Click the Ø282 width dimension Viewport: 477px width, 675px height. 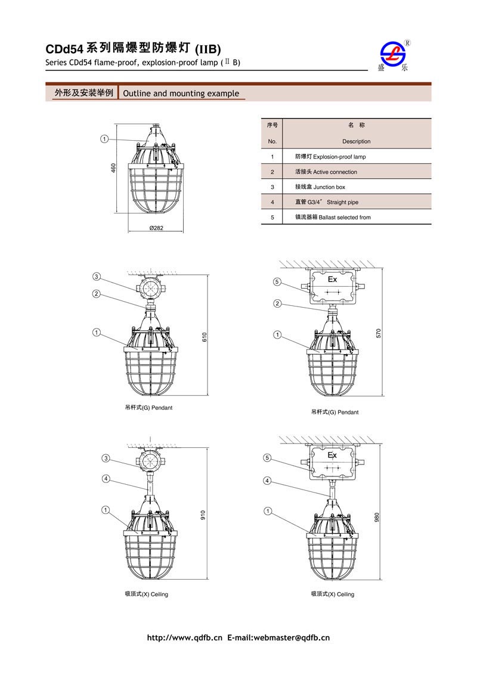tap(156, 228)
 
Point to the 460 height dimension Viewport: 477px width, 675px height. tap(113, 169)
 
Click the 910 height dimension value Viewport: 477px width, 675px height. tap(203, 514)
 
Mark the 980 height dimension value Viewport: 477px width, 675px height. tap(377, 518)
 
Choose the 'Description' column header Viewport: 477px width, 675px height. tap(356, 141)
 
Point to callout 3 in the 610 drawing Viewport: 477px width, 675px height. tap(96, 277)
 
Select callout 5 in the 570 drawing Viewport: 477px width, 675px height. tap(277, 281)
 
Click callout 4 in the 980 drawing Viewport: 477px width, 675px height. tap(268, 481)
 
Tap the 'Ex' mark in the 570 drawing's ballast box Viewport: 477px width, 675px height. tap(333, 279)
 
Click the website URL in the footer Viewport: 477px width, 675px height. tap(184, 638)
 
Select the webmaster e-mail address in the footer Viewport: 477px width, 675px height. tap(292, 638)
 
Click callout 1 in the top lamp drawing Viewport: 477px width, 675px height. tap(104, 139)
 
